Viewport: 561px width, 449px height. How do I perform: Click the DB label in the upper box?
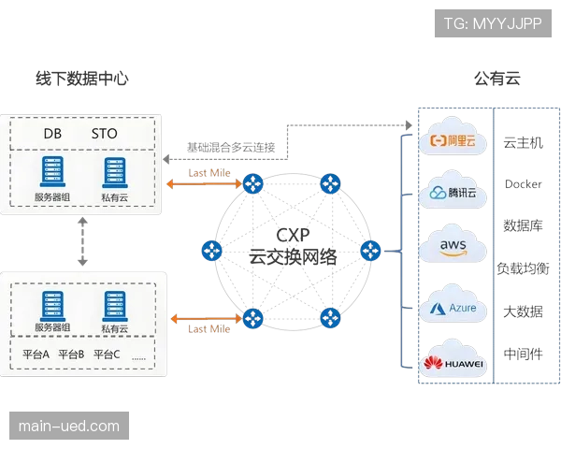pos(52,134)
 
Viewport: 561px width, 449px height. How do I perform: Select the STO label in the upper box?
pos(105,134)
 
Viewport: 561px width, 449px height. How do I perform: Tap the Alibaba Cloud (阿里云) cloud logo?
pos(453,141)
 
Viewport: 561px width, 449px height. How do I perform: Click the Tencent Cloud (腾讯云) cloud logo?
pos(453,193)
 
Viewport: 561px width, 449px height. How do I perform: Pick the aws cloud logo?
pos(453,245)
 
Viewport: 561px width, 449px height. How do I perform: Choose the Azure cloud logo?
pos(453,307)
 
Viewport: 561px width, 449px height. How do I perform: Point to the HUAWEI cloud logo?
pos(453,362)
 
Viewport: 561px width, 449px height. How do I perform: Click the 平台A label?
pos(35,355)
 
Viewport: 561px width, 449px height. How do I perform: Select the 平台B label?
pos(71,355)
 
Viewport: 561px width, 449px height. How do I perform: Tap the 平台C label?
pos(107,355)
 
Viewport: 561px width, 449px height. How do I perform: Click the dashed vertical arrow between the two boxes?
pos(85,243)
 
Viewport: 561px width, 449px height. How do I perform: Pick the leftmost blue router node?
pos(212,251)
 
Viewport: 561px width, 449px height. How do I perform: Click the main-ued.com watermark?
pos(70,427)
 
